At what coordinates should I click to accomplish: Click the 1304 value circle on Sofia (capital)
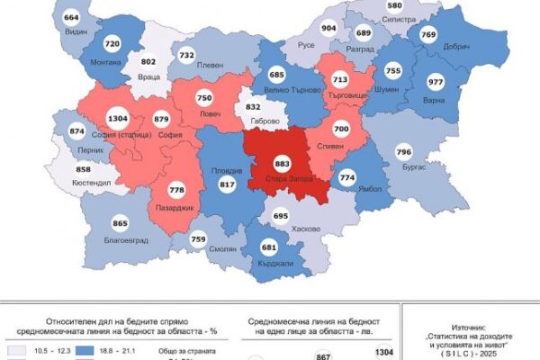point(118,117)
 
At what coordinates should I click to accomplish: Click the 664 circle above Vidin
point(72,18)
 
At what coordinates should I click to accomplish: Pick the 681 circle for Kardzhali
point(267,247)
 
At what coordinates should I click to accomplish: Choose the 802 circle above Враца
point(148,61)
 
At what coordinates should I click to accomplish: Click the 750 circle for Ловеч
point(205,98)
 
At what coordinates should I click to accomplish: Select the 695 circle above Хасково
point(281,216)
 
